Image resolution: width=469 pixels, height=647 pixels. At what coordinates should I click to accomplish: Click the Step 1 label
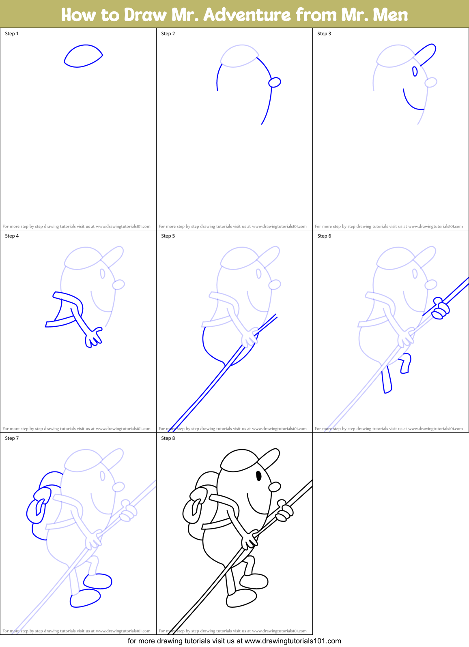click(x=12, y=34)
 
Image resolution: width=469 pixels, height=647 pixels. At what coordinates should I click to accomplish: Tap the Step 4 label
click(x=12, y=236)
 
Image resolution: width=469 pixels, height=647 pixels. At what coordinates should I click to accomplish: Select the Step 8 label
click(x=168, y=438)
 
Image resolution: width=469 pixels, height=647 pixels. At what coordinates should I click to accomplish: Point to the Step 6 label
click(x=324, y=236)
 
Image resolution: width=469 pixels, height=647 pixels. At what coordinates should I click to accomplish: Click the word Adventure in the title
click(x=247, y=15)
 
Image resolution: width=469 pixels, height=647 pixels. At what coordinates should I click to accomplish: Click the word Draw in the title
click(x=145, y=15)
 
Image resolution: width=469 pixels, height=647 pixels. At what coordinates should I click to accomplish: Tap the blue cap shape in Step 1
click(x=83, y=56)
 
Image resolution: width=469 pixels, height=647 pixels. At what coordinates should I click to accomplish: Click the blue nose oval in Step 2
click(x=275, y=82)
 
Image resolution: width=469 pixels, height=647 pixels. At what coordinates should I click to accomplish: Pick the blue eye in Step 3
click(x=415, y=71)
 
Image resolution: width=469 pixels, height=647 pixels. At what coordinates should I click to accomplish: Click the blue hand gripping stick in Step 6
click(x=440, y=309)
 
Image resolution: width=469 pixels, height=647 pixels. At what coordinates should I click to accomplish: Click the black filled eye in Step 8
click(x=259, y=476)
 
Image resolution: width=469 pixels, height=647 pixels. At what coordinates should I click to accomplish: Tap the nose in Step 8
click(x=275, y=486)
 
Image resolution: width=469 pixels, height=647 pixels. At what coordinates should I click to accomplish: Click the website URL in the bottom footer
click(x=293, y=641)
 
